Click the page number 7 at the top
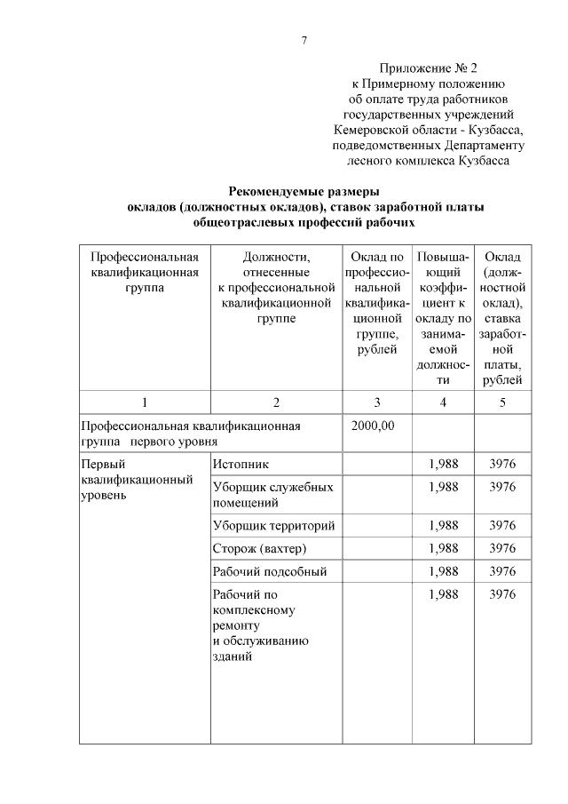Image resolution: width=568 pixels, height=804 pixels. [304, 41]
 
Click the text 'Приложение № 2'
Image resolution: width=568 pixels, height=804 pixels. [429, 68]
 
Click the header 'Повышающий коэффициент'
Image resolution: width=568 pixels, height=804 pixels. [442, 318]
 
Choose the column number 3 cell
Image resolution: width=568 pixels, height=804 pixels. [376, 402]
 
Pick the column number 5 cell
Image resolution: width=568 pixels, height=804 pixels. [502, 402]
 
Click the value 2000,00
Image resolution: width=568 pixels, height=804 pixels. [374, 426]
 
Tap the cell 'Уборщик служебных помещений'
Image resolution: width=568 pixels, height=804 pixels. [273, 495]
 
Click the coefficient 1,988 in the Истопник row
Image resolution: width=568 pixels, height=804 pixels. [443, 464]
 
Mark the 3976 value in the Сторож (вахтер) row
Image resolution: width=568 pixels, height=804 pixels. [502, 548]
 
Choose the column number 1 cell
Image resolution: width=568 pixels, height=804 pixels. [144, 402]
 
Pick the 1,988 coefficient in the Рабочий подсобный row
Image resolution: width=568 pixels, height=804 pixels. [443, 571]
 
